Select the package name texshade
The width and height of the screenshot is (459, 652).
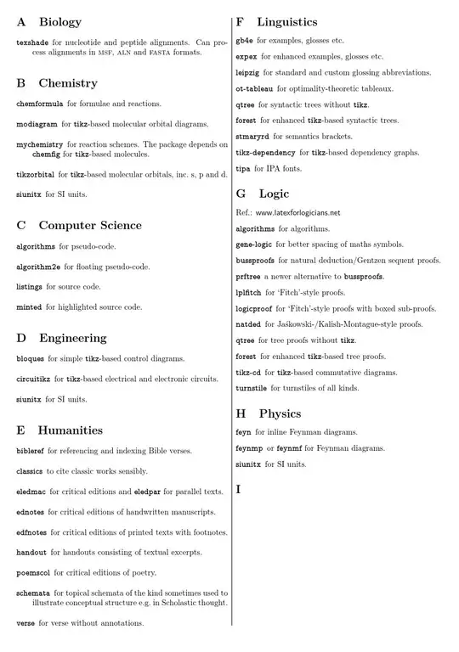click(31, 41)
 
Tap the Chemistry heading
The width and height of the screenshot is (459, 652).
click(67, 83)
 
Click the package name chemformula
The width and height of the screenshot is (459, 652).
click(41, 104)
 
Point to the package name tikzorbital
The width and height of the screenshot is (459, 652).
click(36, 174)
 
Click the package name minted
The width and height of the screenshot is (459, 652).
click(29, 306)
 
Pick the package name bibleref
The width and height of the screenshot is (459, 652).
click(32, 450)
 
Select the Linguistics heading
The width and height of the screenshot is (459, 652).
click(287, 21)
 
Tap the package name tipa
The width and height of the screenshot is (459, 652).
click(244, 169)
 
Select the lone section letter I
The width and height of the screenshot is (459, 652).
click(239, 490)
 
